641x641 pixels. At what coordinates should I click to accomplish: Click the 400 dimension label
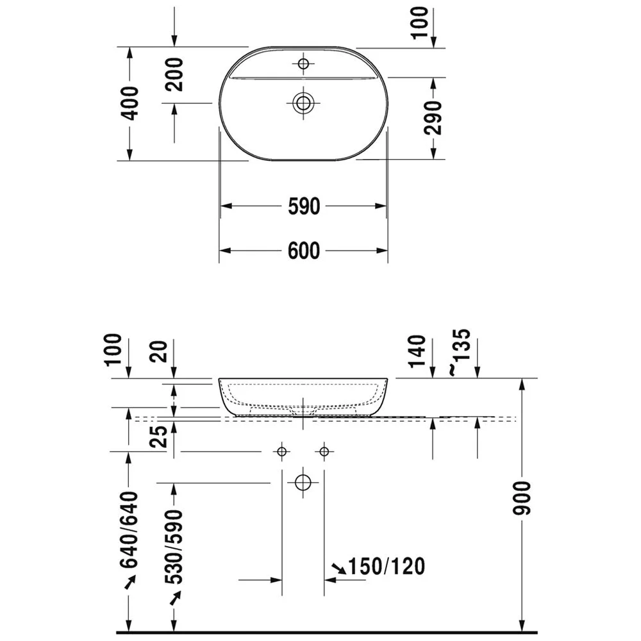coord(129,103)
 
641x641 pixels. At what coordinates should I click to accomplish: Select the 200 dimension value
coord(174,74)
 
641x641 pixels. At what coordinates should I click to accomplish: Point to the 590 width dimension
coord(303,206)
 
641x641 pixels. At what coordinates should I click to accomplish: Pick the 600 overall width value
coord(303,251)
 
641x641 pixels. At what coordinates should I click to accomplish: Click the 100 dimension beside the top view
coord(420,22)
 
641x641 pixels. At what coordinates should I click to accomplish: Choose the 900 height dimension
coord(524,497)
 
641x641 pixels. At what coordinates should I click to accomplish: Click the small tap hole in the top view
coord(303,63)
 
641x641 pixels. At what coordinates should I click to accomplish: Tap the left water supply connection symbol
coord(281,452)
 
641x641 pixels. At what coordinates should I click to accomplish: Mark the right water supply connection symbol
coord(324,452)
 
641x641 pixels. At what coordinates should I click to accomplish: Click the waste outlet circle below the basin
coord(303,482)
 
